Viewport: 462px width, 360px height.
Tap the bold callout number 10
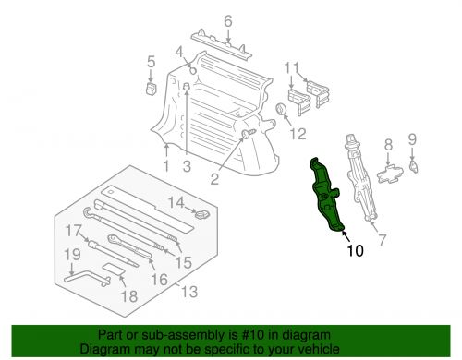pyautogui.click(x=355, y=251)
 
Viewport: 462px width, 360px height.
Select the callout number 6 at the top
pyautogui.click(x=228, y=21)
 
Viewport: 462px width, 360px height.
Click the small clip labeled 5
pyautogui.click(x=151, y=89)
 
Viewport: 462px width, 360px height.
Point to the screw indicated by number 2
pyautogui.click(x=249, y=134)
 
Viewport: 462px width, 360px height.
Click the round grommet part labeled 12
pyautogui.click(x=282, y=109)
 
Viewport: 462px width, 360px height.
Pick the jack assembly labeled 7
pyautogui.click(x=361, y=177)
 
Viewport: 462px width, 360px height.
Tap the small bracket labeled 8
pyautogui.click(x=390, y=174)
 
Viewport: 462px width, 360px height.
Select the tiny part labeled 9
pyautogui.click(x=413, y=166)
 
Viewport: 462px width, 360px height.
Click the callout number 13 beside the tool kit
pyautogui.click(x=188, y=291)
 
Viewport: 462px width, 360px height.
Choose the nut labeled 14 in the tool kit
pyautogui.click(x=202, y=213)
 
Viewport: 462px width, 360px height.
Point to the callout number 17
pyautogui.click(x=74, y=231)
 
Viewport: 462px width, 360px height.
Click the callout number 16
pyautogui.click(x=159, y=280)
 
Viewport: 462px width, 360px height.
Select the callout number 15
pyautogui.click(x=184, y=262)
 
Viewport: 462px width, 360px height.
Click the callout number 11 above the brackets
pyautogui.click(x=291, y=68)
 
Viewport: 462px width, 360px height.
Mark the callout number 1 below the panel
pyautogui.click(x=166, y=166)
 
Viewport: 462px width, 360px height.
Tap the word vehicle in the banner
pyautogui.click(x=321, y=349)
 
